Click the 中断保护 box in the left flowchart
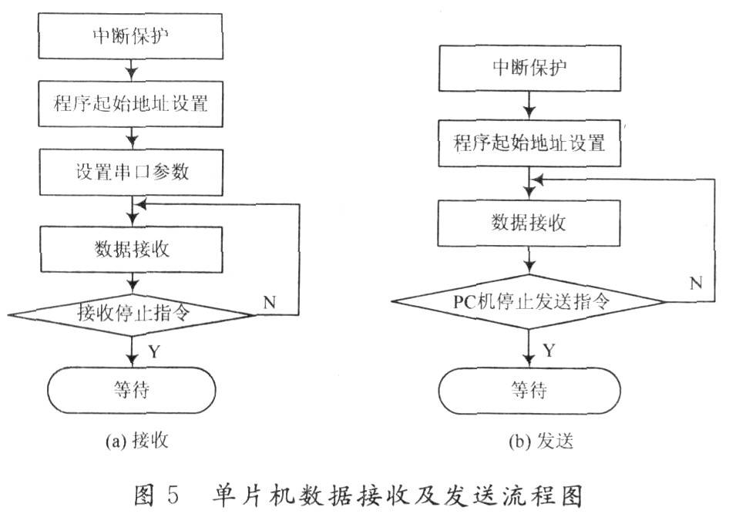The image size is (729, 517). point(131,35)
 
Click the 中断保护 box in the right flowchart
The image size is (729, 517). point(529,68)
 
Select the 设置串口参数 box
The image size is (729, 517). point(131,172)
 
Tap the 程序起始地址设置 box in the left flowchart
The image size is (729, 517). point(131,104)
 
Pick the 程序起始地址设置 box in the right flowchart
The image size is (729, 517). point(529,143)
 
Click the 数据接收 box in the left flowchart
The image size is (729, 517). point(132,249)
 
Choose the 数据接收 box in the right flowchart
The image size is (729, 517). point(529,223)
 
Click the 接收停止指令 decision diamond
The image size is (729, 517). point(132,314)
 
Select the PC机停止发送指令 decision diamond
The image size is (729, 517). point(529,302)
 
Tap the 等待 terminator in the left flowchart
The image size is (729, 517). point(132,390)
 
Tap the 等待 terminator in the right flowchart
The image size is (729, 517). point(529,391)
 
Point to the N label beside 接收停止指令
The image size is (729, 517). point(270,303)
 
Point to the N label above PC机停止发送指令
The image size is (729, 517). point(696,283)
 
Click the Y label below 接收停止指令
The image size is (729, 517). point(154,351)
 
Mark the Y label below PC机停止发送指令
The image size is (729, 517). point(549,350)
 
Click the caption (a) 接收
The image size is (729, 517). point(136,440)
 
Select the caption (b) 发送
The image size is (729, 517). point(541,441)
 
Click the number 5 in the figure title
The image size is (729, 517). point(173,495)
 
